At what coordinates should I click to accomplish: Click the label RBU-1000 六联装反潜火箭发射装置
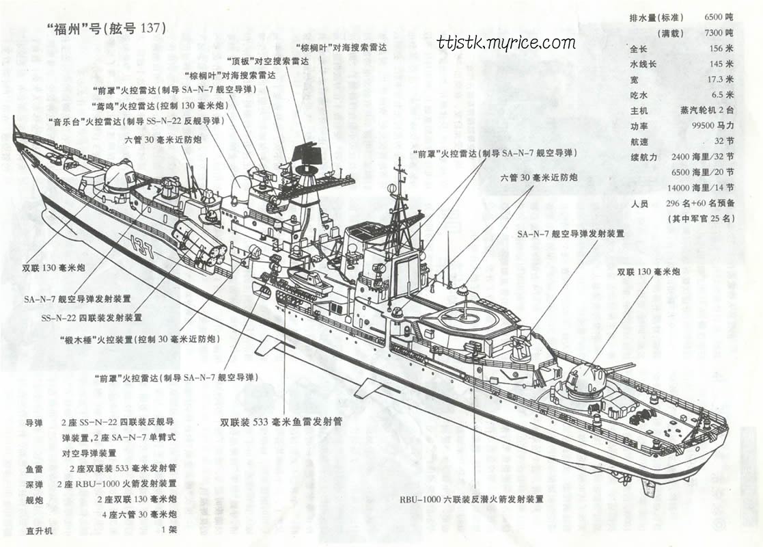click(471, 499)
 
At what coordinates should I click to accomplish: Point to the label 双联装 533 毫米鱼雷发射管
click(281, 422)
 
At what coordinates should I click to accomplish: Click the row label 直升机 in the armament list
click(39, 530)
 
